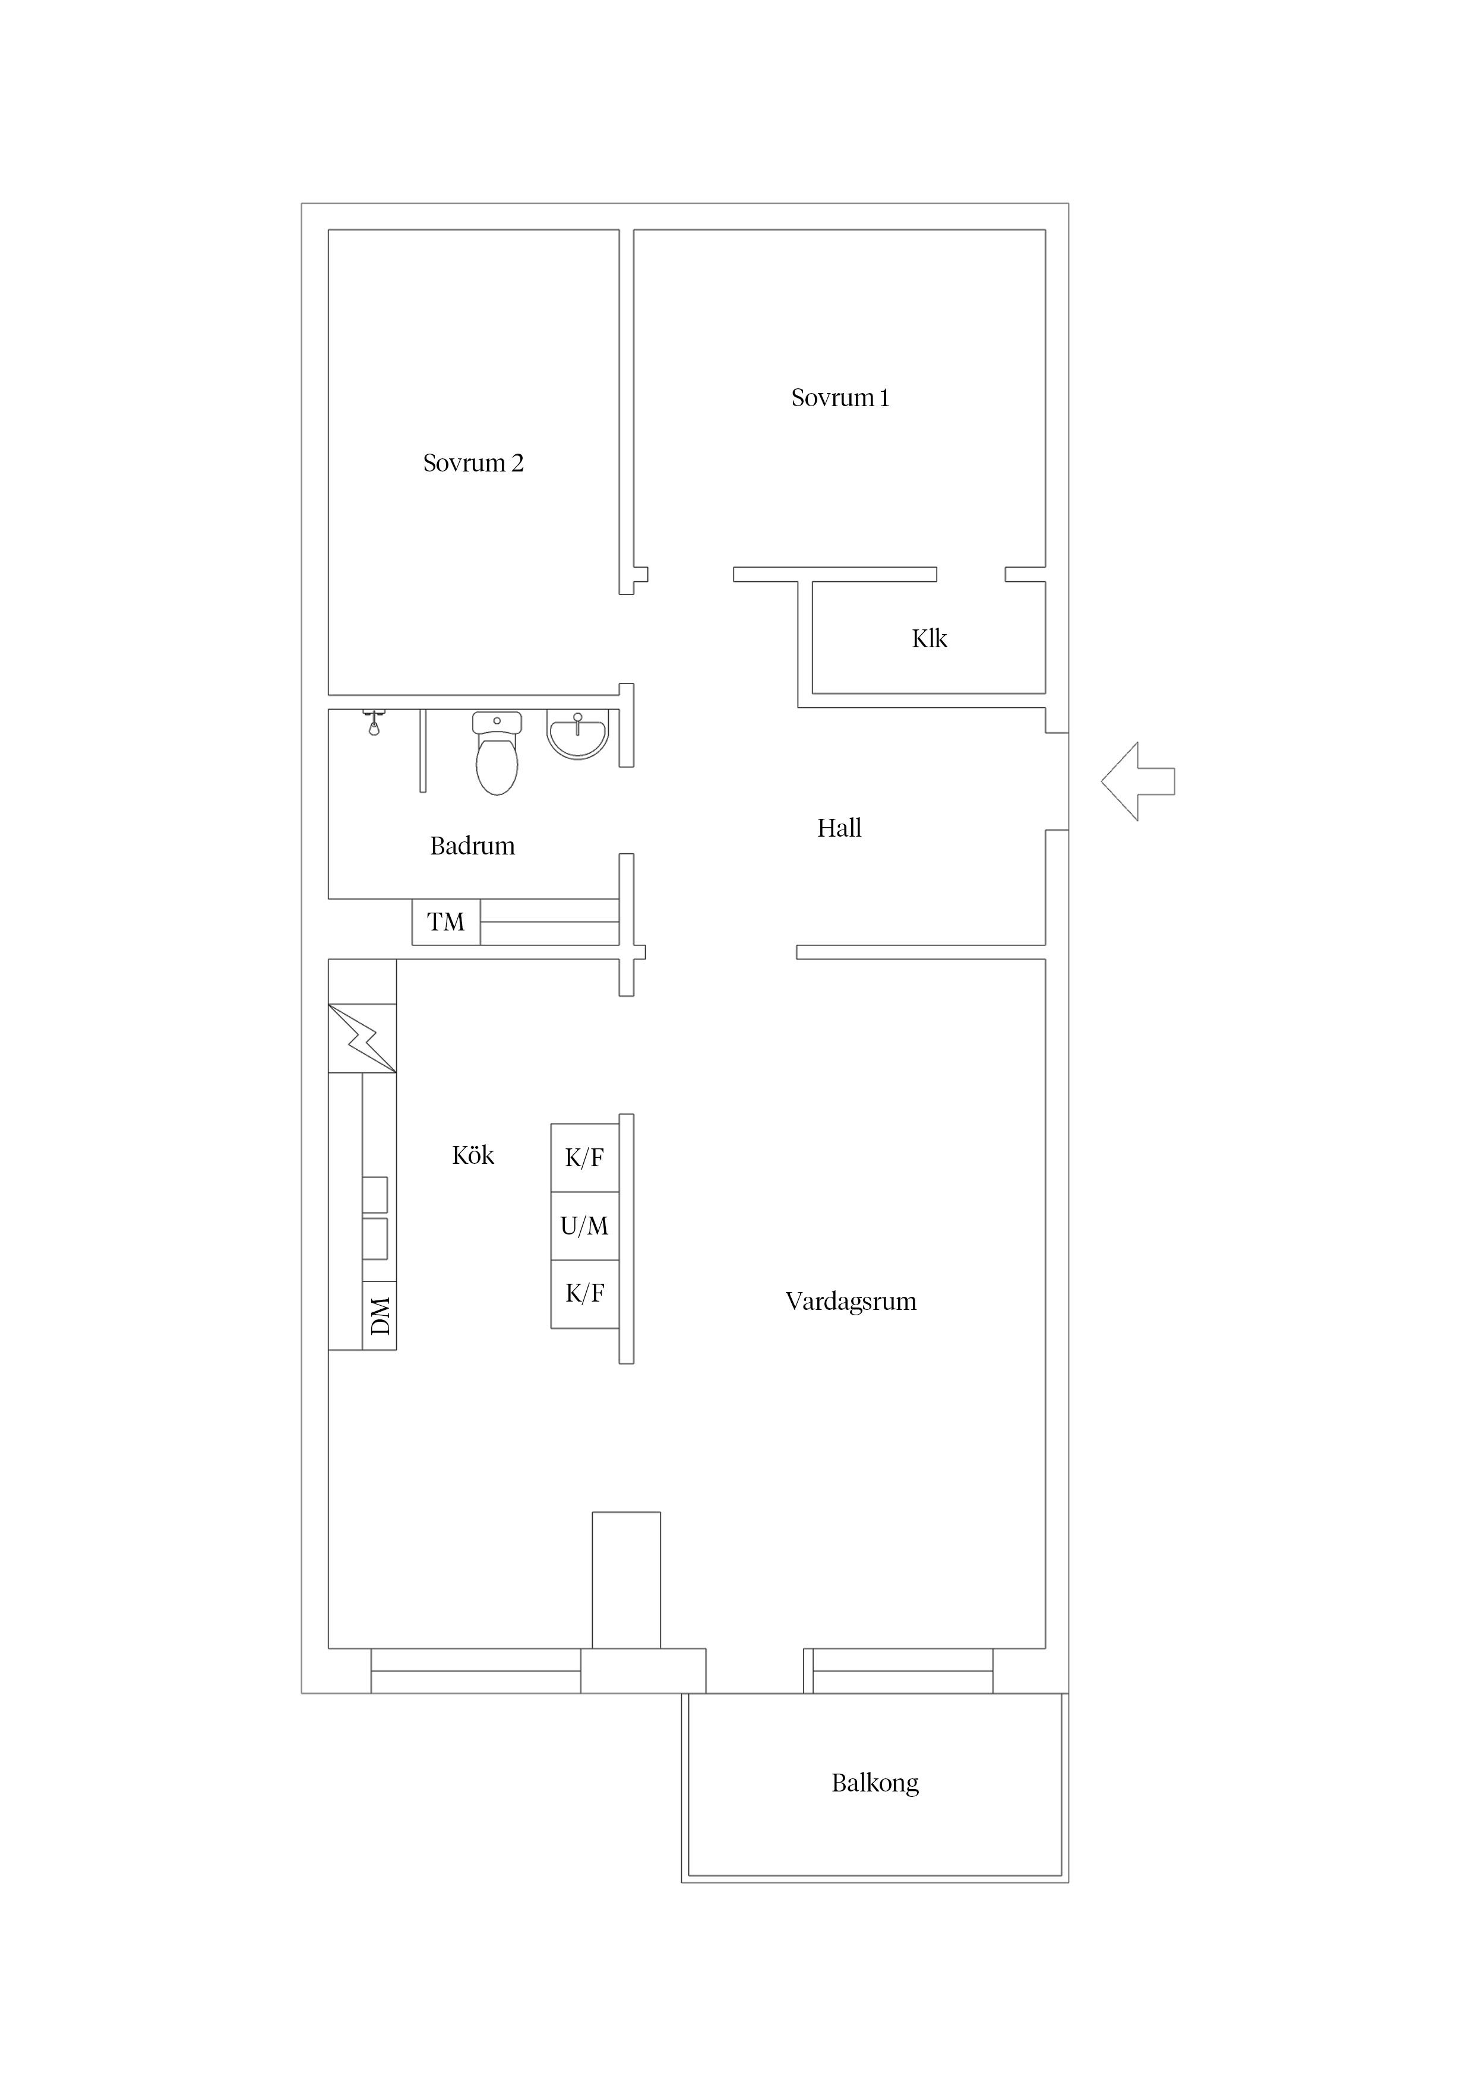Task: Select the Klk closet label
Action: tap(930, 639)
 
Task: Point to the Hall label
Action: tap(839, 827)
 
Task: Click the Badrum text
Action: tap(472, 846)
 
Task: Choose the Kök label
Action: tap(473, 1155)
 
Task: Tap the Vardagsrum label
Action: tap(851, 1302)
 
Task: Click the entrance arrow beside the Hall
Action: tap(1137, 781)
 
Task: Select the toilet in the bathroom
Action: tap(497, 753)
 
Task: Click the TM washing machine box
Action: tap(445, 922)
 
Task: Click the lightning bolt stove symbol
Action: tap(362, 1038)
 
